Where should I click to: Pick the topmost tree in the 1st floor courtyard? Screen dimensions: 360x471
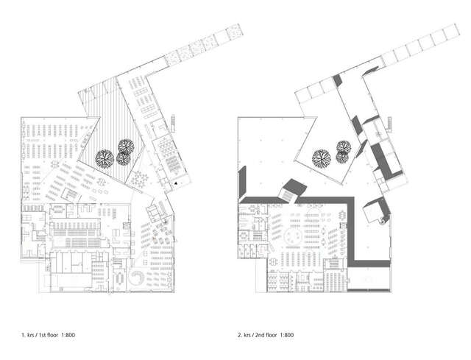click(x=124, y=147)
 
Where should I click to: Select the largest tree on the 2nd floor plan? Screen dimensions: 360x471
click(x=321, y=156)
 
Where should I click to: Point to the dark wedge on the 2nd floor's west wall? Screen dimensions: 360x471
click(x=242, y=177)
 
